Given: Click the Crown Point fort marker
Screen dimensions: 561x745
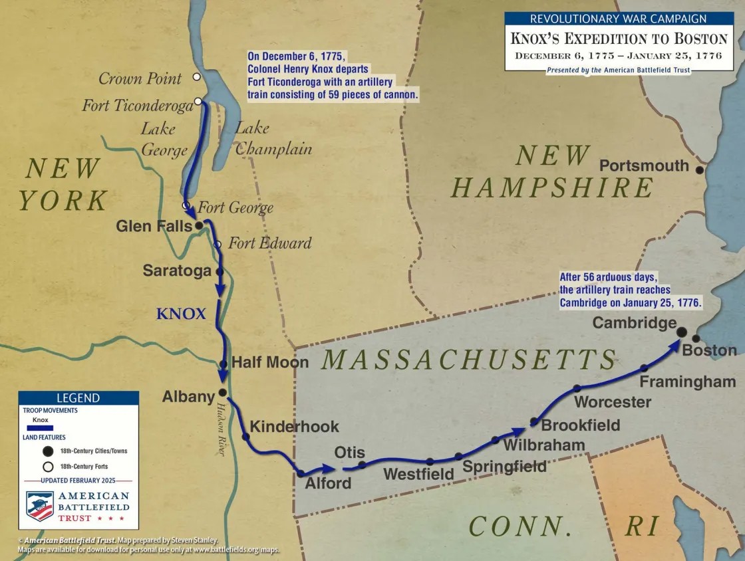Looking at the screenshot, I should (x=197, y=77).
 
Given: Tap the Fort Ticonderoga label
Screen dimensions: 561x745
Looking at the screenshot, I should (x=137, y=105).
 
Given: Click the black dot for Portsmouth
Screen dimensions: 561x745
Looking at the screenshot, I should (x=699, y=170).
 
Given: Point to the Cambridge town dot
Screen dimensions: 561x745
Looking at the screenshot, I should (x=682, y=332).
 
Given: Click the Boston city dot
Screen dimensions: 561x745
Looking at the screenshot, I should (x=696, y=338).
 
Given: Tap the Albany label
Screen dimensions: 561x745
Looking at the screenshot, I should (x=188, y=397).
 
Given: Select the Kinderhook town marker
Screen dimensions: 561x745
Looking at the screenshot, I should (x=245, y=437).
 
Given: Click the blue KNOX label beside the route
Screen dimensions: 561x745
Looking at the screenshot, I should (x=181, y=314).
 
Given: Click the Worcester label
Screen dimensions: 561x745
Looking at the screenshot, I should (x=612, y=402).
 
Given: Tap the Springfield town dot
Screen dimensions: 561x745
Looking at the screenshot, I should (x=458, y=456).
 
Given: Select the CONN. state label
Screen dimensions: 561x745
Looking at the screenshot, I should (x=520, y=526).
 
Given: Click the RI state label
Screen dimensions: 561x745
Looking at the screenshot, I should (x=642, y=526).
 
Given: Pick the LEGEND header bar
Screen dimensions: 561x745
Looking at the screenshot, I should (x=78, y=398).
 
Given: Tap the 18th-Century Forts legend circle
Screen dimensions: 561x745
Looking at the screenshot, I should (x=48, y=466).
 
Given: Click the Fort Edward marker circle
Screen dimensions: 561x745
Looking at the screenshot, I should (x=217, y=245).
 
